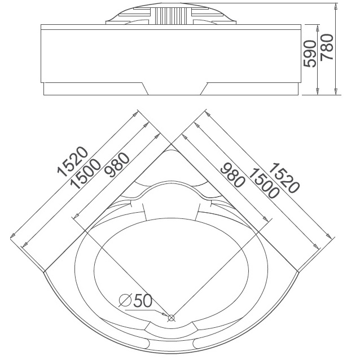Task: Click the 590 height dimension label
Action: click(x=309, y=54)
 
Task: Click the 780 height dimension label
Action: click(x=327, y=47)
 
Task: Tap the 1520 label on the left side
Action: click(x=73, y=161)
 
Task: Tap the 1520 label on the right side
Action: click(x=284, y=178)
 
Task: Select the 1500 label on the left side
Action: click(x=85, y=174)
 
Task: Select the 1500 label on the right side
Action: click(x=264, y=183)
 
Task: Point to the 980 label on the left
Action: click(x=117, y=165)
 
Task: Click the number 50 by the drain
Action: click(x=143, y=301)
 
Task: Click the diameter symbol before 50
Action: click(x=125, y=300)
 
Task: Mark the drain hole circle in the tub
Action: click(x=171, y=318)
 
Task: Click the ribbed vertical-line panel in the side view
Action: click(x=170, y=16)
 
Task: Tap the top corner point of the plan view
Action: click(x=171, y=144)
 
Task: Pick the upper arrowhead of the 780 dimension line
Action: click(x=336, y=6)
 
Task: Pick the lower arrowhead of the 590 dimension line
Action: click(x=318, y=91)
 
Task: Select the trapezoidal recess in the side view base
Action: click(x=174, y=89)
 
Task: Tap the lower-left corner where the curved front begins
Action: click(x=44, y=272)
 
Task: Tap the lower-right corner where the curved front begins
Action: click(x=298, y=272)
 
